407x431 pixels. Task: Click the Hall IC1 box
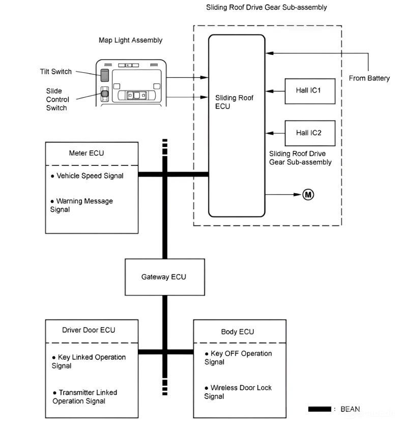click(x=310, y=91)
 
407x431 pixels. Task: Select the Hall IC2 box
click(x=310, y=133)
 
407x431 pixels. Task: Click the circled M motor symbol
click(x=308, y=194)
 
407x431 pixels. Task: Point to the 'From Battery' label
click(x=369, y=78)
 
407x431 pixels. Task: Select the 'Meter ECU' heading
click(x=86, y=153)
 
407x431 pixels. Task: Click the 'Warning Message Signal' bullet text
click(x=81, y=205)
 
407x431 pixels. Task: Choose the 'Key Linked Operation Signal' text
click(x=89, y=361)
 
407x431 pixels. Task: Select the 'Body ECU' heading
click(x=237, y=332)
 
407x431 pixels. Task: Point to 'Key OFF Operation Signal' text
click(x=238, y=358)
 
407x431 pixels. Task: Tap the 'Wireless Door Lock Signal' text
click(x=238, y=392)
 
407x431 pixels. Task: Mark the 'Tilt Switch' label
click(x=56, y=72)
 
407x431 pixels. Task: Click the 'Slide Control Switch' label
click(x=57, y=99)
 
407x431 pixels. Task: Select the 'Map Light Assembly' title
click(x=131, y=40)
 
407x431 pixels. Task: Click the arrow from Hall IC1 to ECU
click(x=275, y=91)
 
